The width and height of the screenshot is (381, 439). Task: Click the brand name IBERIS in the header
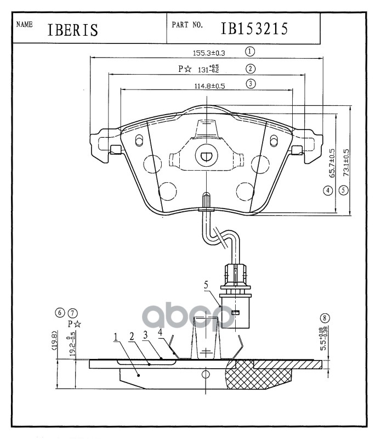point(73,30)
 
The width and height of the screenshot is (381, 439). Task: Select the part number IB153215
point(254,29)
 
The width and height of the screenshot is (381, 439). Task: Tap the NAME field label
point(25,25)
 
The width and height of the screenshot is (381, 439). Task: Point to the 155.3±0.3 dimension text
point(209,53)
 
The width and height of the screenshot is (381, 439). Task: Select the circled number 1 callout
point(249,52)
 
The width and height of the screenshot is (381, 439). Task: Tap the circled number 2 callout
point(249,69)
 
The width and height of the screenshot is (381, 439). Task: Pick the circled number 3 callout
point(249,84)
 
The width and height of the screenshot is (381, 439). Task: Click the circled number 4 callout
point(328,191)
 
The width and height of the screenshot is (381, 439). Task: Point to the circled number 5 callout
point(344,191)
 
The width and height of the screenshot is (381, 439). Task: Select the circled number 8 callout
point(326,318)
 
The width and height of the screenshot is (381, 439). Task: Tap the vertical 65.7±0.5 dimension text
point(332,162)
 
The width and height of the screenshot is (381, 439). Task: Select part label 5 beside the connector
point(207,285)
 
